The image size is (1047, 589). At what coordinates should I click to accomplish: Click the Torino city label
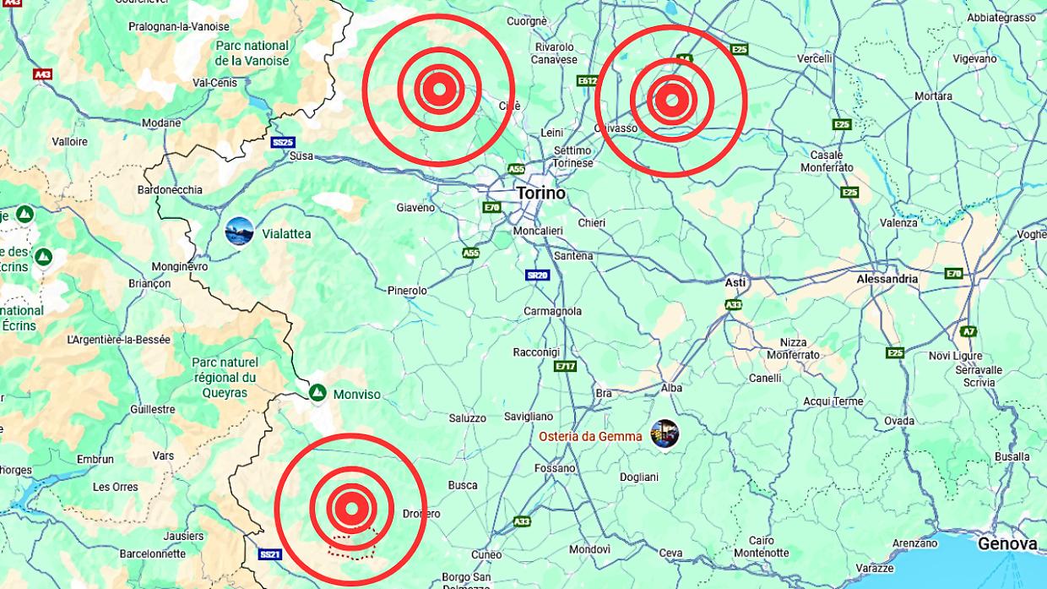click(540, 194)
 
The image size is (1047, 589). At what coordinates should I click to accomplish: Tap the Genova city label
click(1007, 544)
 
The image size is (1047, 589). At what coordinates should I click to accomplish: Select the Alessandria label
click(887, 278)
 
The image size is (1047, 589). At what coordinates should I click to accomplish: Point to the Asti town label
click(735, 282)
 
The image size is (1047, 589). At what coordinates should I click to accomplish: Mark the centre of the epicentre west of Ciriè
click(438, 89)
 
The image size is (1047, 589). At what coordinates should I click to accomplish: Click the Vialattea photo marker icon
click(240, 232)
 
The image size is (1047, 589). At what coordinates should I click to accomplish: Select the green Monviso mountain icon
click(317, 393)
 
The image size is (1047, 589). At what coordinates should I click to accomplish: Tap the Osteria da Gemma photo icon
click(665, 434)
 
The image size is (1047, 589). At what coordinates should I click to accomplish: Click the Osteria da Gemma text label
click(590, 437)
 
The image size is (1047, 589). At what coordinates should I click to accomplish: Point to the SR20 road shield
click(538, 275)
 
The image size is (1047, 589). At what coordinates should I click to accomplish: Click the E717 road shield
click(565, 366)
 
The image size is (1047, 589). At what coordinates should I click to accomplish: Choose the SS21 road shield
click(270, 554)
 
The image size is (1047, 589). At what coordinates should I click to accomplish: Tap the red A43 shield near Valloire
click(42, 74)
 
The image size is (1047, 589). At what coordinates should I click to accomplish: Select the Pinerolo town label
click(407, 291)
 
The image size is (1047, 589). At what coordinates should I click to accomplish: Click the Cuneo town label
click(486, 554)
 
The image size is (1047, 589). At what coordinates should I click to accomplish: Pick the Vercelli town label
click(815, 58)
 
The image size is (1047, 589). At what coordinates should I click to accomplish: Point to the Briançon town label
click(149, 283)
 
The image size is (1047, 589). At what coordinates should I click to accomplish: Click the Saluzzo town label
click(467, 418)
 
